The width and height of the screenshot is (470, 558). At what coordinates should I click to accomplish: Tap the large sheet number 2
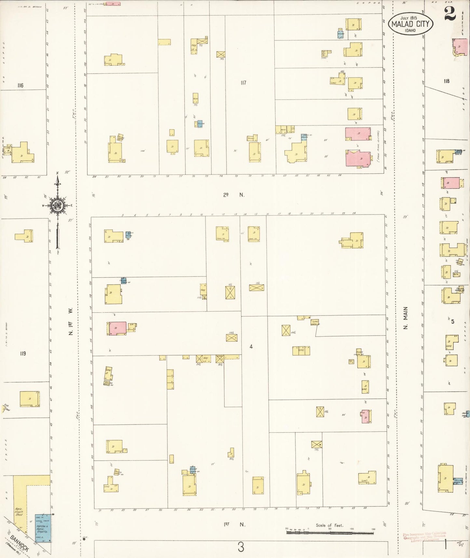click(x=450, y=14)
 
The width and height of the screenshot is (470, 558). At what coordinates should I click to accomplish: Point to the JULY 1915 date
click(x=409, y=18)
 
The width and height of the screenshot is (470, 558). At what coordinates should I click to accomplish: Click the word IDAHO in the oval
click(x=410, y=30)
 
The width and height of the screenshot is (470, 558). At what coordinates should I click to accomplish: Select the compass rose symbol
click(x=58, y=205)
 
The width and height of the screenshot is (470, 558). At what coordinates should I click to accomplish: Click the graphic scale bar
click(x=330, y=533)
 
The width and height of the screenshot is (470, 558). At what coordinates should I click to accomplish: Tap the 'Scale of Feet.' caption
click(x=329, y=525)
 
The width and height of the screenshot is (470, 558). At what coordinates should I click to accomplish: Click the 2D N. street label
click(x=234, y=195)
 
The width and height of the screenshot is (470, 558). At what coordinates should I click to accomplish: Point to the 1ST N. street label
click(x=234, y=524)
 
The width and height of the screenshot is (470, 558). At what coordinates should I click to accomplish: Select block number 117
click(x=243, y=83)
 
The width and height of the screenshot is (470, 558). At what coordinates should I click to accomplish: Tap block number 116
click(x=20, y=85)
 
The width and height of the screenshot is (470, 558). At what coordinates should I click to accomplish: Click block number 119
click(x=22, y=353)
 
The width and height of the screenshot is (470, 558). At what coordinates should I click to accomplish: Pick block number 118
click(x=446, y=81)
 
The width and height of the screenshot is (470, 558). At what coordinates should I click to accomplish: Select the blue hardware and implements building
click(x=43, y=528)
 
